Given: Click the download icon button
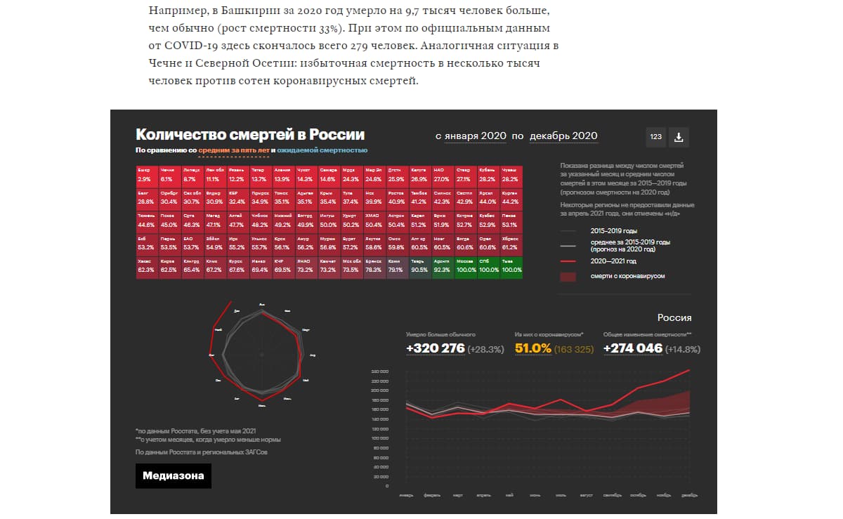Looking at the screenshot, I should tap(679, 137).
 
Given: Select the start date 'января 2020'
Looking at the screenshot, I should tap(475, 136).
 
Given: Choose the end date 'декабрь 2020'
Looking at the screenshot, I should tap(563, 136).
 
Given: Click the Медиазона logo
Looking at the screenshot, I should tap(173, 476).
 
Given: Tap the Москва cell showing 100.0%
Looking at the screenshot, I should tap(466, 265).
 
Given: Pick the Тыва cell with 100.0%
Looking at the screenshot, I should tap(511, 265).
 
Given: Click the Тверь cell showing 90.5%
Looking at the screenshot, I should tap(420, 265).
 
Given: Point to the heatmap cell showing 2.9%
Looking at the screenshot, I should tap(146, 175).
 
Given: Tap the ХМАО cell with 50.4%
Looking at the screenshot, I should tap(374, 220).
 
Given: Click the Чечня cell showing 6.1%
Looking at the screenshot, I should tap(169, 175).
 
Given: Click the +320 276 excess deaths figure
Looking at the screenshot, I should tap(435, 348).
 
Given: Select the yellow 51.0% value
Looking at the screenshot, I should tap(532, 348).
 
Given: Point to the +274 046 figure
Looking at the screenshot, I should tap(633, 348).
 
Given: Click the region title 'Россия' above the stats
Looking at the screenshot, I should tap(674, 317).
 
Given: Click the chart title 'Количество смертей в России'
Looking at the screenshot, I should tap(250, 135).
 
